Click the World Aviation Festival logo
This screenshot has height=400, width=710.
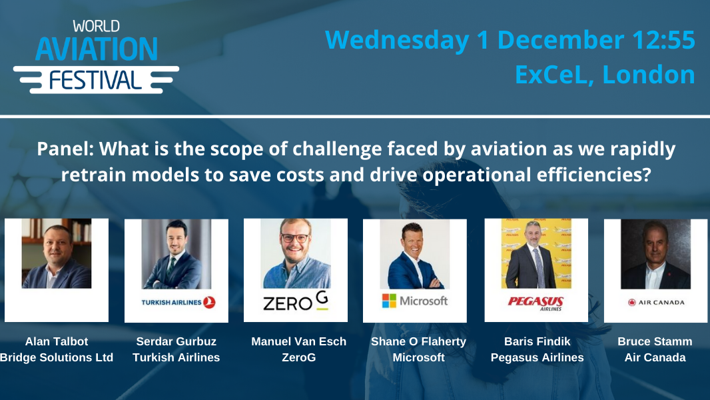pyautogui.click(x=96, y=56)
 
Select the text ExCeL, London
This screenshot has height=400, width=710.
pyautogui.click(x=605, y=75)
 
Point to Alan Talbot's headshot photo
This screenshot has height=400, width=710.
pyautogui.click(x=57, y=253)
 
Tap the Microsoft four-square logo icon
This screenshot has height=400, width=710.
pyautogui.click(x=389, y=301)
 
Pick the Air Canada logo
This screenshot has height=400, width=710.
pyautogui.click(x=656, y=302)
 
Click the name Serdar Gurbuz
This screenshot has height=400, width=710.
pyautogui.click(x=177, y=341)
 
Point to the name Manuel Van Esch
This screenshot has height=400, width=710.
pyautogui.click(x=298, y=341)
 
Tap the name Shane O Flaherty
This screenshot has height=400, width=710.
pyautogui.click(x=418, y=341)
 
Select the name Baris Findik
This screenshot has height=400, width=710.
pyautogui.click(x=537, y=341)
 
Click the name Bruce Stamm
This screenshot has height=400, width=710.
pyautogui.click(x=655, y=341)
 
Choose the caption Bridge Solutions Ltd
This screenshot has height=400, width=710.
pyautogui.click(x=57, y=357)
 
